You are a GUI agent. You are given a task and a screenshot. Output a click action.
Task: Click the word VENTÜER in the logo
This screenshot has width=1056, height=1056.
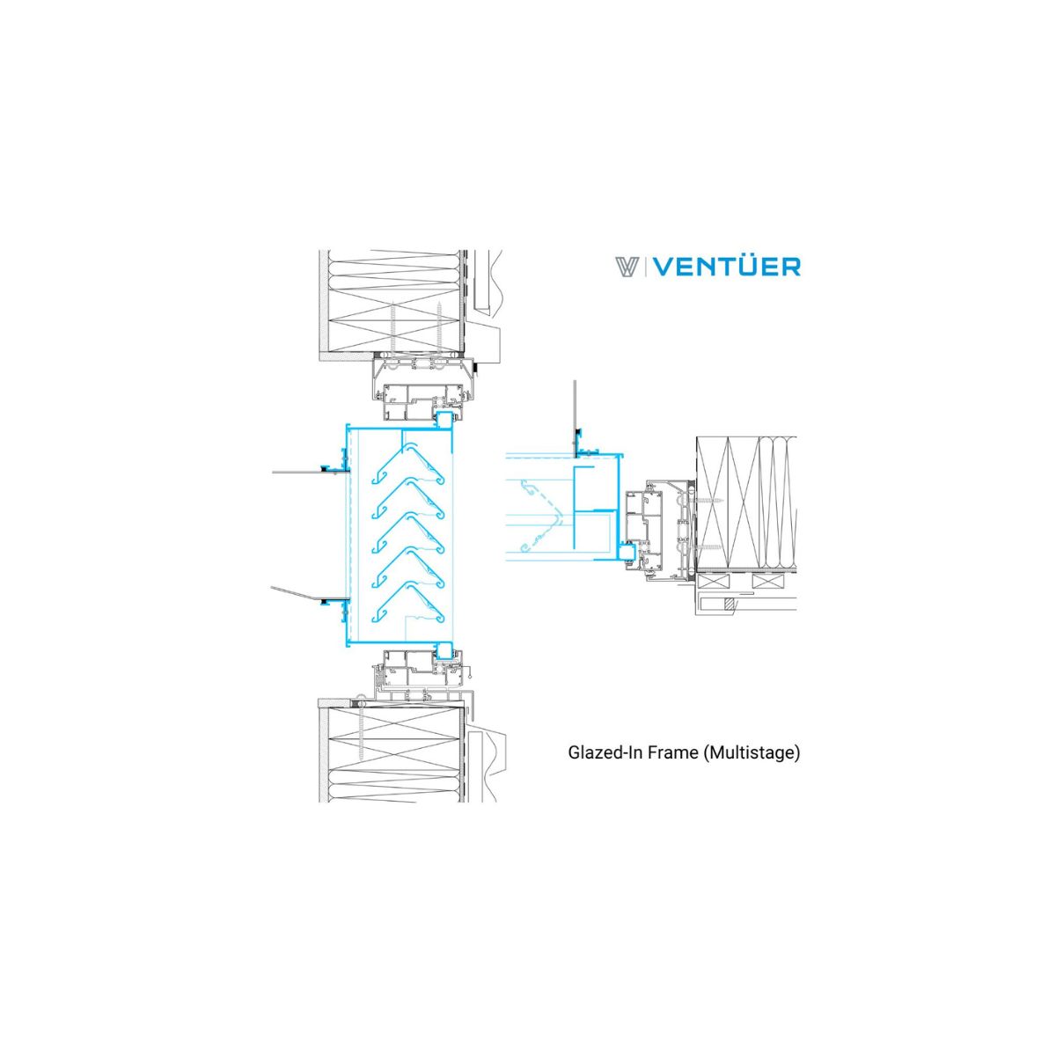tap(728, 267)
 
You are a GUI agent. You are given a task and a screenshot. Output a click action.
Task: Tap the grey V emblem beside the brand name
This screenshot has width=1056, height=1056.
tap(628, 267)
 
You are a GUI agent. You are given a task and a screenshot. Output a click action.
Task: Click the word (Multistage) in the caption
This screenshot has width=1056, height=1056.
tap(751, 753)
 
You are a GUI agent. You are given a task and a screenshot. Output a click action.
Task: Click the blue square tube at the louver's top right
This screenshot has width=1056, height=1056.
tap(444, 421)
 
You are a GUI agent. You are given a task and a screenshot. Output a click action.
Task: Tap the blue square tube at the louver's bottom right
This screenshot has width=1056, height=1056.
tap(444, 651)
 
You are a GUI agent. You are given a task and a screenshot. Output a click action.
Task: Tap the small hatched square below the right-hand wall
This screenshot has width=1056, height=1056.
tap(729, 605)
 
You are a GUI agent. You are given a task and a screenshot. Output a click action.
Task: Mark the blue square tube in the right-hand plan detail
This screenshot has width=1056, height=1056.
tap(627, 552)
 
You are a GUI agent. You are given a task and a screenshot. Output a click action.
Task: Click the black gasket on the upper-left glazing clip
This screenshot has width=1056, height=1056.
tap(325, 470)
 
